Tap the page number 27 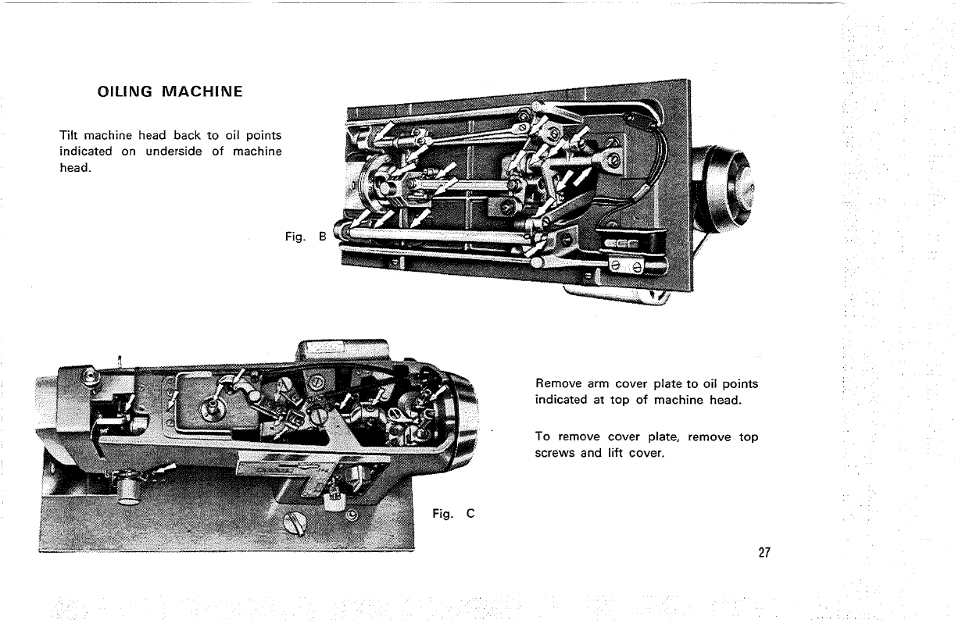tap(764, 553)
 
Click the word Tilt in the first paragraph tap(70, 136)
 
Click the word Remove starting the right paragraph tap(556, 384)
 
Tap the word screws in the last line tap(555, 452)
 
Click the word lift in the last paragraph tap(613, 452)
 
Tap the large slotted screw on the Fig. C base tap(295, 522)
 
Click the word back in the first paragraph tap(188, 136)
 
